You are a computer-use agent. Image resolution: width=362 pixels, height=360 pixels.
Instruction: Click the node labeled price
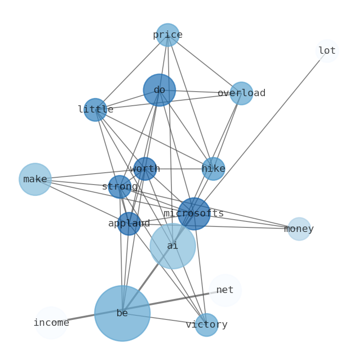tap(168, 35)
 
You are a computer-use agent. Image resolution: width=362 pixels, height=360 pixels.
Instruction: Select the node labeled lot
tap(327, 51)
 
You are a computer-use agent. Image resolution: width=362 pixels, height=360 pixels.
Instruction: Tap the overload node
tap(241, 93)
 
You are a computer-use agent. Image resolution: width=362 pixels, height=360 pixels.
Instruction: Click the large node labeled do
tap(159, 90)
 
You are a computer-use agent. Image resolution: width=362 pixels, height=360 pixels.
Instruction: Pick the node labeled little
tap(95, 110)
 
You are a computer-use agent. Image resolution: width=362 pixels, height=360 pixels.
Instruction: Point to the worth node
tap(145, 169)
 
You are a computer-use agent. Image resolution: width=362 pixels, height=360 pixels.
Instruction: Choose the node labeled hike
tap(213, 169)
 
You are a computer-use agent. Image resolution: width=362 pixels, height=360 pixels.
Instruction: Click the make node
tap(35, 180)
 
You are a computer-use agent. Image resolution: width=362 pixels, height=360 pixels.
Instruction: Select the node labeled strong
tap(119, 187)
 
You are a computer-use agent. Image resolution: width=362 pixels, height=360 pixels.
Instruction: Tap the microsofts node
tap(194, 214)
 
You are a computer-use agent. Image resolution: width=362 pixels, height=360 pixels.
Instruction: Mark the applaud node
tap(129, 224)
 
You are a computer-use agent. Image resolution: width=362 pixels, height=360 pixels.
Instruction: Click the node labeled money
tap(299, 229)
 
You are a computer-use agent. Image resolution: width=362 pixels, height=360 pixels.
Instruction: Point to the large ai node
tap(172, 246)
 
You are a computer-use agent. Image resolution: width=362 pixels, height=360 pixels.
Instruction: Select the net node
tap(225, 290)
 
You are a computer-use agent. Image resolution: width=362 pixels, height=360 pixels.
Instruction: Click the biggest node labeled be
tap(122, 314)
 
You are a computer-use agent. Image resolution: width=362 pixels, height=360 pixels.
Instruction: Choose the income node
tap(51, 323)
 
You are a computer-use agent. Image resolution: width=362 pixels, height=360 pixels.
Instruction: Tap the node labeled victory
tap(207, 325)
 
